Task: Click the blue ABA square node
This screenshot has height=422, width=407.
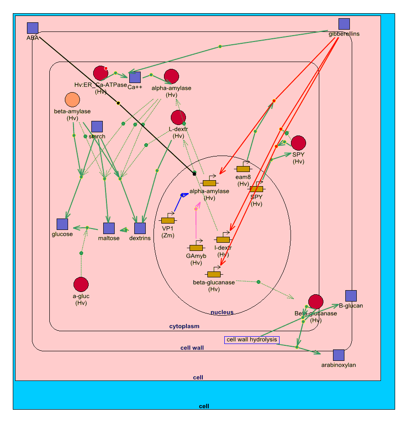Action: point(32,28)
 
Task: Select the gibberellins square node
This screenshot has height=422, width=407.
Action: point(344,24)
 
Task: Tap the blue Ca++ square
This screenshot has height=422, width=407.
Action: point(135,78)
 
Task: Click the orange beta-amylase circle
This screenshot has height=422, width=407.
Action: point(72,99)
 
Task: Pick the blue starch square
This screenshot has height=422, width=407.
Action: point(97,127)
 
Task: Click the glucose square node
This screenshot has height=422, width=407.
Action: point(62,224)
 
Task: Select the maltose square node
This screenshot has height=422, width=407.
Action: point(109,229)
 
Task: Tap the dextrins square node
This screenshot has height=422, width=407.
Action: point(140,229)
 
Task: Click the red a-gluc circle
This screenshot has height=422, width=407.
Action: point(81,284)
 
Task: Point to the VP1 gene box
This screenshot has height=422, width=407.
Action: point(168,220)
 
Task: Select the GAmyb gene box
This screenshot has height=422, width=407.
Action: point(196,248)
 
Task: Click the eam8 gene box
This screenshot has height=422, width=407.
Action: point(243,169)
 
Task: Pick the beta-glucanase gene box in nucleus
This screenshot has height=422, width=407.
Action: point(214,274)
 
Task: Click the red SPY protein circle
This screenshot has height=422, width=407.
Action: point(298,143)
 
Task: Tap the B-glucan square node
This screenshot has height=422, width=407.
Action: point(351,296)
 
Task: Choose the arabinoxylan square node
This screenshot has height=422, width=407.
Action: point(338,355)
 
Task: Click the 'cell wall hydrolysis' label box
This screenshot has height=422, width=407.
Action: point(252,339)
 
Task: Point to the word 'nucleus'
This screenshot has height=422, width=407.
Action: point(222,313)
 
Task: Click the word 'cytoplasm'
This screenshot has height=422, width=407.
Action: point(184,326)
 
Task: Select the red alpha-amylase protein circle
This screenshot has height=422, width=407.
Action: point(171,77)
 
